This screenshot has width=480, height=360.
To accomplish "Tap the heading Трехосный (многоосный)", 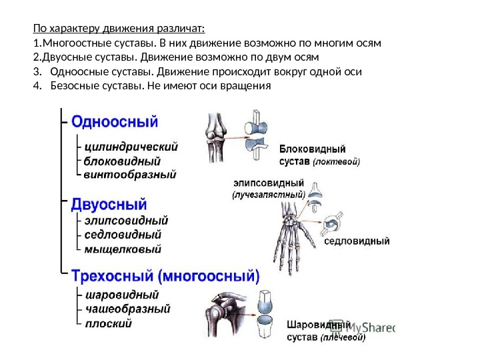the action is (x=165, y=275).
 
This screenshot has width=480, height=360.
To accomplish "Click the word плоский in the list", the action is (x=109, y=323).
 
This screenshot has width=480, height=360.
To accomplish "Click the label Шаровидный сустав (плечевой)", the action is (x=325, y=331).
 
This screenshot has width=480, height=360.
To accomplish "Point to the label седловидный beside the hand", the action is (x=357, y=242).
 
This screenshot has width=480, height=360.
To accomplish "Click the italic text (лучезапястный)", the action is (x=268, y=195).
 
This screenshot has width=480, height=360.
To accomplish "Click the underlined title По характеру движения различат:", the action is (x=119, y=29).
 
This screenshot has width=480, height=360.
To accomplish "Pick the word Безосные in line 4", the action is (x=75, y=86).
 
